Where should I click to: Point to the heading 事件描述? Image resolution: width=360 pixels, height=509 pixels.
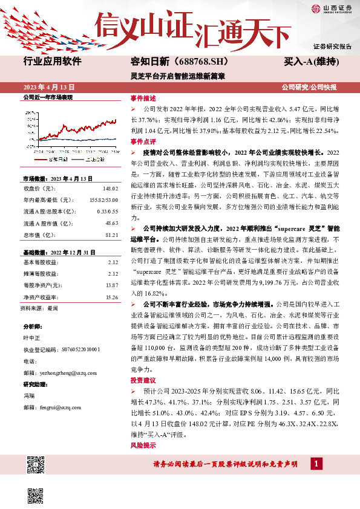tap(143, 98)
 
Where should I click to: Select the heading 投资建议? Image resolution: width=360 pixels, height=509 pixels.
tap(143, 380)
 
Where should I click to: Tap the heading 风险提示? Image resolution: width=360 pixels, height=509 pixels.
tap(143, 446)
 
